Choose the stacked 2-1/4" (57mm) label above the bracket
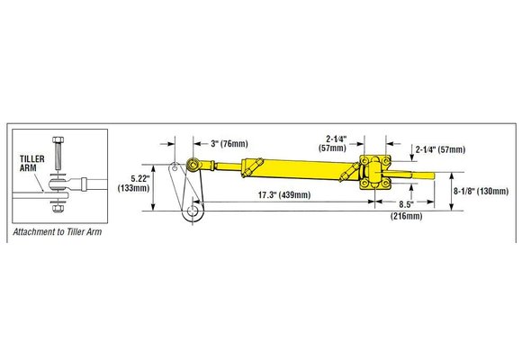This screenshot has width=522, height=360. [x=343, y=142]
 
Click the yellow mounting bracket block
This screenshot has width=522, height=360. [x=372, y=173]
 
